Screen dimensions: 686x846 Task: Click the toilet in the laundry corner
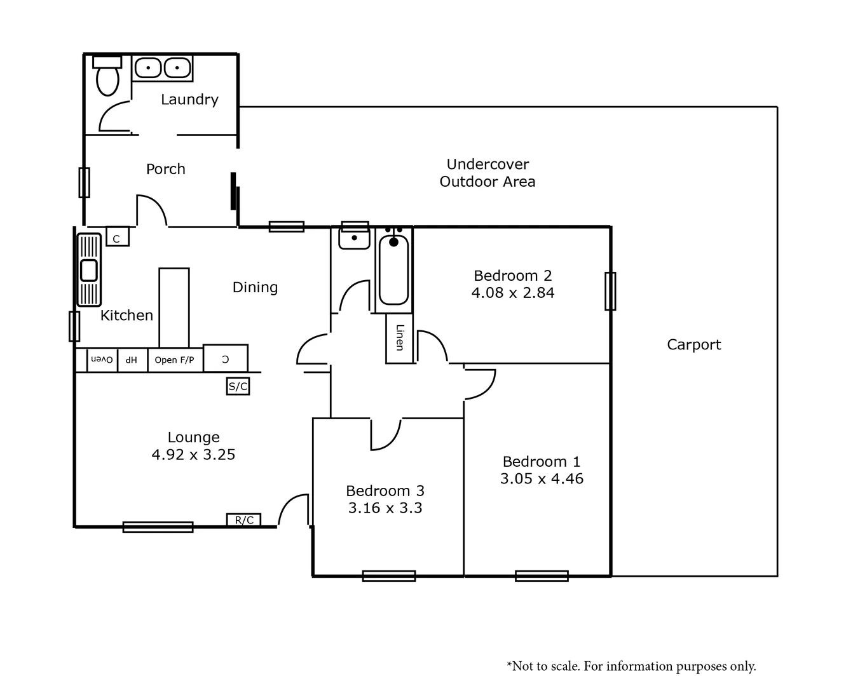pyautogui.click(x=107, y=78)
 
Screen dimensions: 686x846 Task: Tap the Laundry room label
pyautogui.click(x=189, y=100)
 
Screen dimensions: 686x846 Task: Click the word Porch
pyautogui.click(x=166, y=169)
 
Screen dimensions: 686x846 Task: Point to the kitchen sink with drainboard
pyautogui.click(x=89, y=269)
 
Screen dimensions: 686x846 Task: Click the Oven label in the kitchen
pyautogui.click(x=102, y=360)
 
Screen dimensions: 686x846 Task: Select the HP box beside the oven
pyautogui.click(x=132, y=360)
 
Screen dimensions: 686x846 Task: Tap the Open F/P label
pyautogui.click(x=174, y=360)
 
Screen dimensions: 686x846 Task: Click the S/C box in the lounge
pyautogui.click(x=238, y=386)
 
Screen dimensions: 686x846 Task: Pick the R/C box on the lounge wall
pyautogui.click(x=244, y=520)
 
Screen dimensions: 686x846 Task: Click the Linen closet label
pyautogui.click(x=399, y=338)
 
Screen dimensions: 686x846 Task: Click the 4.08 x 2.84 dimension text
pyautogui.click(x=513, y=293)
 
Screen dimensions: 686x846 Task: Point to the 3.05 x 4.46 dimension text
pyautogui.click(x=542, y=479)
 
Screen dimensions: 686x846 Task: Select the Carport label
pyautogui.click(x=693, y=345)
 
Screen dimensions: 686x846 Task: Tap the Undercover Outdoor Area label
pyautogui.click(x=488, y=173)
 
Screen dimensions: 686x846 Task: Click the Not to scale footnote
pyautogui.click(x=631, y=666)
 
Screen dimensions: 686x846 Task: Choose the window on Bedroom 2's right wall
pyautogui.click(x=610, y=291)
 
